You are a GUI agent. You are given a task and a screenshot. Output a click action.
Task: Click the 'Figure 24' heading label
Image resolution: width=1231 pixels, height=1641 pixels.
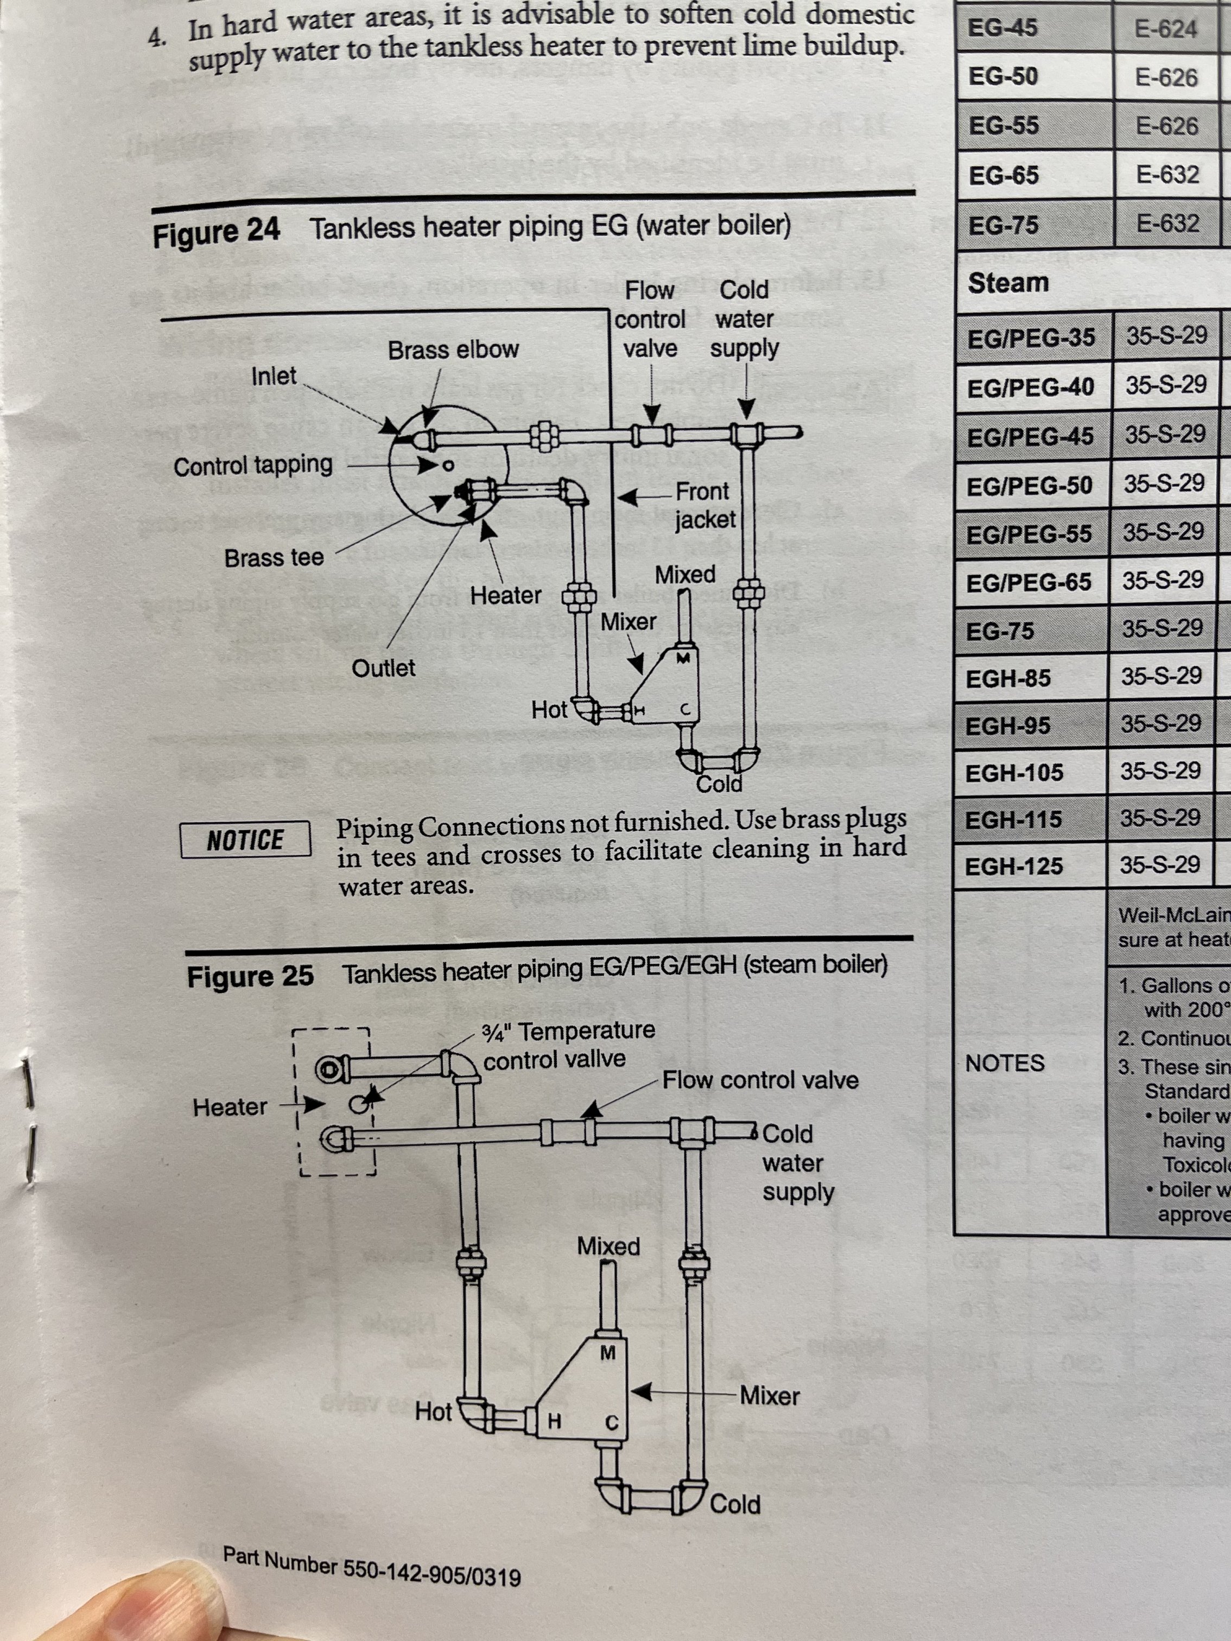point(216,232)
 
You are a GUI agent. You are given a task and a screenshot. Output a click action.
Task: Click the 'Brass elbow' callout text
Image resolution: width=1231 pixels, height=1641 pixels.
point(453,350)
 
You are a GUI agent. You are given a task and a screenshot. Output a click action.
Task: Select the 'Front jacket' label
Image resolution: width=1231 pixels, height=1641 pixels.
point(703,505)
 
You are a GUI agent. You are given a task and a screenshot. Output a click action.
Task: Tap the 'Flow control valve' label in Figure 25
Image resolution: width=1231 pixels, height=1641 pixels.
point(760,1080)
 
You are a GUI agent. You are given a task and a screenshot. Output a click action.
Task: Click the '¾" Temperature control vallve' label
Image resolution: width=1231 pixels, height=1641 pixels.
point(568,1045)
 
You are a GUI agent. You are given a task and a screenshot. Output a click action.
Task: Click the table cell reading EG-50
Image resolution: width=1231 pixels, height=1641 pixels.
point(1003,77)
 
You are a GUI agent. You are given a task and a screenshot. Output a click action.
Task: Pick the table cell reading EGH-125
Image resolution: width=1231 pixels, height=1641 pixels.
point(1013,866)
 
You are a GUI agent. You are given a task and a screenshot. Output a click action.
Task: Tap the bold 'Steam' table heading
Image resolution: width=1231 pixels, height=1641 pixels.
point(1008,283)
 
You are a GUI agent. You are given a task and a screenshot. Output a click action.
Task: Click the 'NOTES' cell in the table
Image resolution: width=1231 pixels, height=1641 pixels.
point(1005,1063)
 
